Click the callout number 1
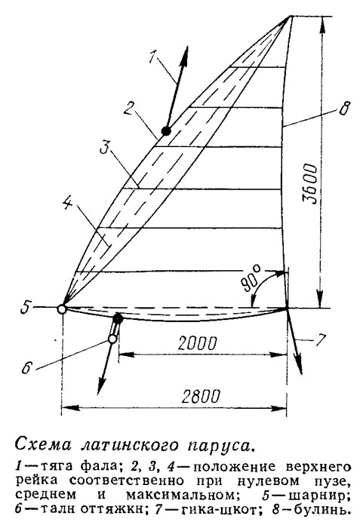153,56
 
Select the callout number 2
129,108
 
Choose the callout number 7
319,340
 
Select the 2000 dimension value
197,343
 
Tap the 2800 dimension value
202,396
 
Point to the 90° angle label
251,278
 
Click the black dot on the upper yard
166,131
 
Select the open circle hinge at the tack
62,309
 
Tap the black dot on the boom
118,319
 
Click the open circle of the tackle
112,339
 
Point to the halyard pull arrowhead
184,54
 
